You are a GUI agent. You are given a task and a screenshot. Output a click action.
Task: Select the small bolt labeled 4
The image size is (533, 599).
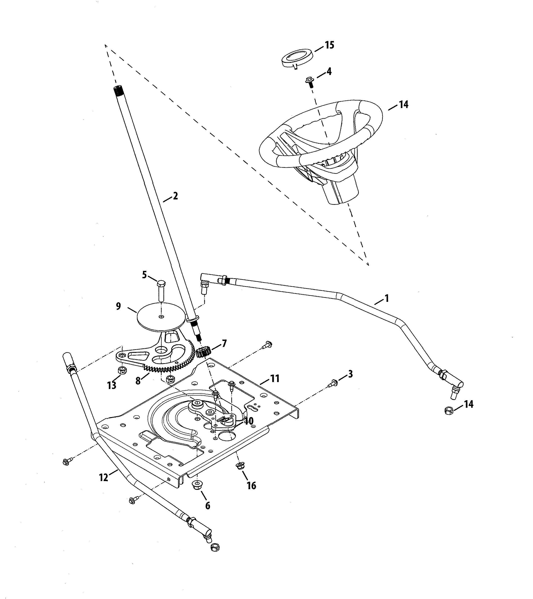(x=310, y=81)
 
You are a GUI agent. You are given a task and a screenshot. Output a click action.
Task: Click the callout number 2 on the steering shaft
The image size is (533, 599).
(x=175, y=196)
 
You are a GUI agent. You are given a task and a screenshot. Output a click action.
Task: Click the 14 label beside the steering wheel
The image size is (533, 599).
(x=404, y=105)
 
